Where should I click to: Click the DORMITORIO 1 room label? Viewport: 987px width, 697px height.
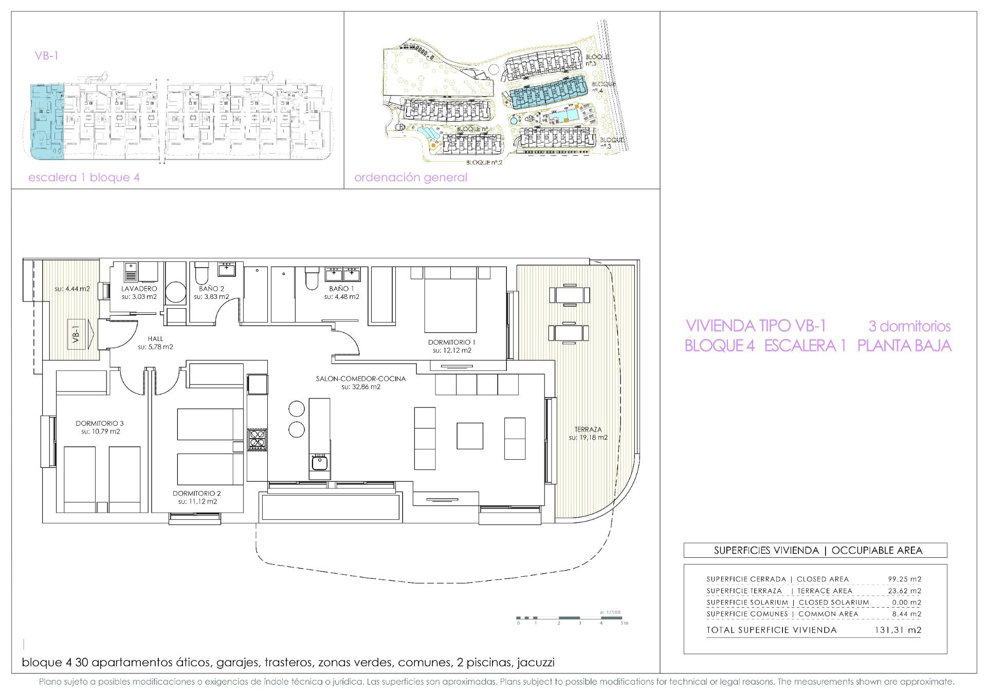[x=452, y=342]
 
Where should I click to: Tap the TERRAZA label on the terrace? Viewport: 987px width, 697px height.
[x=588, y=429]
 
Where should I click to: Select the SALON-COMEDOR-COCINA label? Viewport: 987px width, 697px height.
[x=361, y=379]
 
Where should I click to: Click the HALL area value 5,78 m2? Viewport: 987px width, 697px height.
[x=155, y=347]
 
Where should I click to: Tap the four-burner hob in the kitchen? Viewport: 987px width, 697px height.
[x=257, y=440]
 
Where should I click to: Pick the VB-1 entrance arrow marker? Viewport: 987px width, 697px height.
[x=81, y=334]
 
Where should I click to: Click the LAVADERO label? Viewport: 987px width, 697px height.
[x=139, y=289]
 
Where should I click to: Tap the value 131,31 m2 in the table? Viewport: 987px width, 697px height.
[x=898, y=630]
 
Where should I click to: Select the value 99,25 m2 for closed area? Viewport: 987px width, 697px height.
[x=905, y=579]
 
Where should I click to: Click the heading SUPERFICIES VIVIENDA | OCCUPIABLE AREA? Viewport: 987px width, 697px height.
[x=815, y=551]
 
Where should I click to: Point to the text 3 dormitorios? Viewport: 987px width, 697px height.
[x=909, y=326]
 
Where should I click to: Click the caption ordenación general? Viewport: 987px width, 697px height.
[x=411, y=178]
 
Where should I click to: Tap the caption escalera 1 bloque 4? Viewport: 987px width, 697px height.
[x=84, y=178]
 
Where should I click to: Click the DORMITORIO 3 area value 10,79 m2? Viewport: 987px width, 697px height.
[x=100, y=431]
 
